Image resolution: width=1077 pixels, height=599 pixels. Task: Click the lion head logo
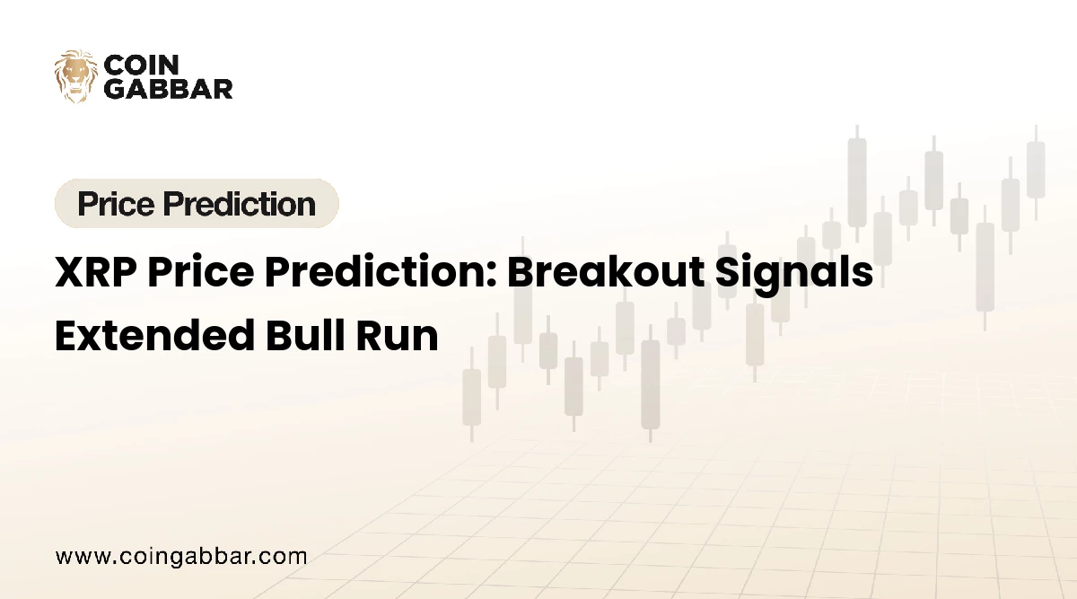click(x=76, y=76)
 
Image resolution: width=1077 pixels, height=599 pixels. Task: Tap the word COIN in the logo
click(x=142, y=65)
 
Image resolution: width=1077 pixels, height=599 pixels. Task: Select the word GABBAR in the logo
click(x=169, y=90)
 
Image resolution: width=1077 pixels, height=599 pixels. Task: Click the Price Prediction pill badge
click(x=197, y=204)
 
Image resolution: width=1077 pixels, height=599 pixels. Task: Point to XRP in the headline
click(x=96, y=272)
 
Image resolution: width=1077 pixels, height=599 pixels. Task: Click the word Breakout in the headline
click(x=606, y=271)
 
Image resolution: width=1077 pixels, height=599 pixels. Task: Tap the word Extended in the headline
click(x=154, y=335)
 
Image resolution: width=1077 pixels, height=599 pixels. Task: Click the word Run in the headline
click(x=398, y=336)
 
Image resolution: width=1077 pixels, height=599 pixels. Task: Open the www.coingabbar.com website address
click(x=181, y=557)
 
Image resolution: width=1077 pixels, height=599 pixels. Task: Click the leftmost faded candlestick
click(x=472, y=394)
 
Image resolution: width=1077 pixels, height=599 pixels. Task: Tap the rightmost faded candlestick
click(x=1036, y=172)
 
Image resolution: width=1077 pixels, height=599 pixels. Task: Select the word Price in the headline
click(x=200, y=272)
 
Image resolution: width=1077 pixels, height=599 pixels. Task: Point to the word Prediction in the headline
click(x=375, y=272)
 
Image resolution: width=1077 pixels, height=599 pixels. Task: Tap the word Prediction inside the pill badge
click(x=240, y=204)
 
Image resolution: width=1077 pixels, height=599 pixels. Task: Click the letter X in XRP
click(x=70, y=272)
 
